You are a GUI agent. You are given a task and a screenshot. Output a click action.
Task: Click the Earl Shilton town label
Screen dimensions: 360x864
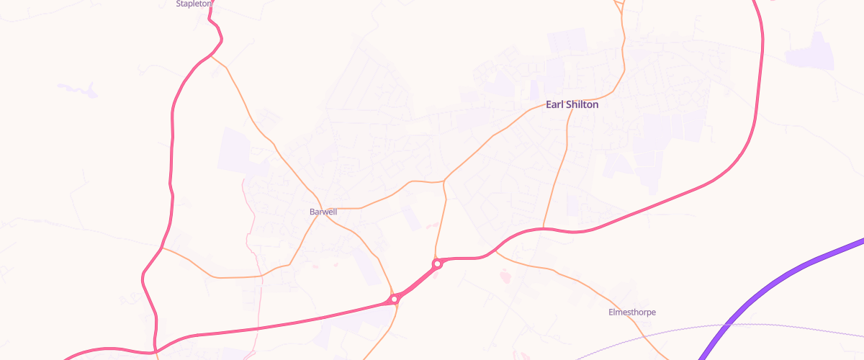[572, 104]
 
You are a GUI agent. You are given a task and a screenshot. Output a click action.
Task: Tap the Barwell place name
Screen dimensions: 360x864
[323, 212]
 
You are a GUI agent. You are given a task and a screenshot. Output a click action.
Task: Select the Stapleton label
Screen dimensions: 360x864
[194, 4]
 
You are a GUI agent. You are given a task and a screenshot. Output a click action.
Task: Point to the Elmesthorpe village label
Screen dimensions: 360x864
[632, 312]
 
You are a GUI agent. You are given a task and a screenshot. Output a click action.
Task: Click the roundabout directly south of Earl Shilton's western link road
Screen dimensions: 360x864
[437, 264]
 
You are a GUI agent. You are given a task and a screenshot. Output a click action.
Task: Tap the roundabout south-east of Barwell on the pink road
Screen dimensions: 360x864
[395, 298]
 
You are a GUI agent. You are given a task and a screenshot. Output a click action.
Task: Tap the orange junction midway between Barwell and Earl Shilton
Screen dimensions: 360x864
[444, 181]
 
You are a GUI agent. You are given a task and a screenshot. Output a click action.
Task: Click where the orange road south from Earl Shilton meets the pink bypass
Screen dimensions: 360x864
[543, 229]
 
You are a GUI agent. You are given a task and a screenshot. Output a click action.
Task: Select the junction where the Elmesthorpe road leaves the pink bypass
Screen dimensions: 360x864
[495, 251]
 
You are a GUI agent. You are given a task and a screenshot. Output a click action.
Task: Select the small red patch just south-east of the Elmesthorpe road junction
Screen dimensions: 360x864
[503, 274]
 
